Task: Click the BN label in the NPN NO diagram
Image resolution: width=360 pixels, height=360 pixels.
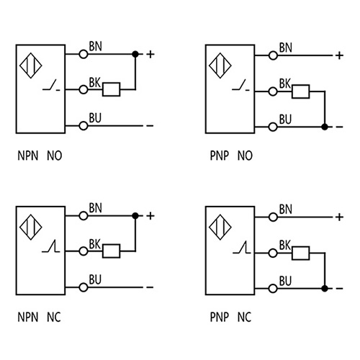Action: tap(95, 47)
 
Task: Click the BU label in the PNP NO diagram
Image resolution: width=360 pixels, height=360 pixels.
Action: tap(285, 119)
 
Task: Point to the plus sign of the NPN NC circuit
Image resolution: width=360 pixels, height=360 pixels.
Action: tap(150, 215)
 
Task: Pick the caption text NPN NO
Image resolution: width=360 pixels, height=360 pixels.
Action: tap(42, 155)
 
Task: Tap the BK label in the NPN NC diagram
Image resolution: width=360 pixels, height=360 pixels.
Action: tap(95, 245)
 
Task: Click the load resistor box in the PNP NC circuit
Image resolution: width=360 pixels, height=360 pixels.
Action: tap(300, 252)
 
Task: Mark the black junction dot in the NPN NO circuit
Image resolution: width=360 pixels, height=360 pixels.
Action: tap(135, 53)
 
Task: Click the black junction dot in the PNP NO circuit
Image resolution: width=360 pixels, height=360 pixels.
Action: tap(325, 127)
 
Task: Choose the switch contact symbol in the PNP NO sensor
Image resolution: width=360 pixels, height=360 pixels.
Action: tap(240, 89)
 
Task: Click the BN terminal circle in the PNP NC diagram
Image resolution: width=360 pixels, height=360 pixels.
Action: tap(274, 215)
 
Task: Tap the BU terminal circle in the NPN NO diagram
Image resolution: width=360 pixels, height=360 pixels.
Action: tap(84, 126)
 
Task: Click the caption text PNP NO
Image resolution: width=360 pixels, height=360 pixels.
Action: tap(231, 155)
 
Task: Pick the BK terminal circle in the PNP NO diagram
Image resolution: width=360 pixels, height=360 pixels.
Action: tap(274, 91)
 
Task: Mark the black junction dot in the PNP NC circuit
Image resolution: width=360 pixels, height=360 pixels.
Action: tap(325, 288)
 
